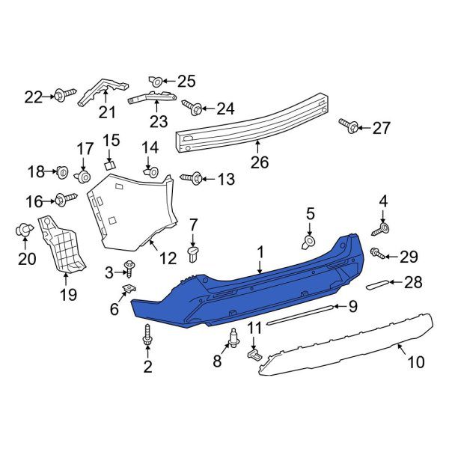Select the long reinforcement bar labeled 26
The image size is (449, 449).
coord(254,123)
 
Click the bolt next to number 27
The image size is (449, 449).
coord(346,127)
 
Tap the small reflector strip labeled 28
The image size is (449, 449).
coord(380,284)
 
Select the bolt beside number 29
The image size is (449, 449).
coord(379,255)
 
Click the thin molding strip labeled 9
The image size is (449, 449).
coord(303,313)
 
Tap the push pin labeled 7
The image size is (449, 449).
coord(193,255)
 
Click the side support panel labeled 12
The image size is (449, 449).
coord(131,213)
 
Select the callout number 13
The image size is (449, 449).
coord(225,179)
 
